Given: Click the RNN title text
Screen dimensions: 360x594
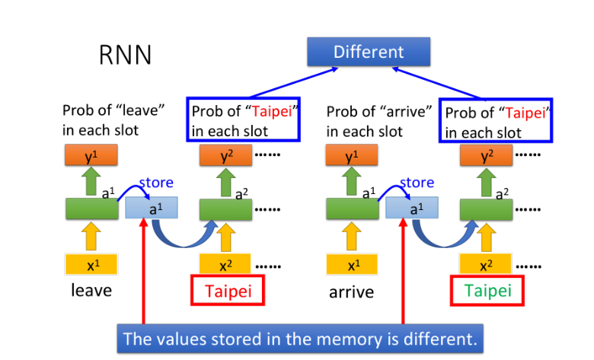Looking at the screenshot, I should click(x=125, y=55).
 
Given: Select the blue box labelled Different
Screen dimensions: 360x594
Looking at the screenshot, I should click(x=369, y=52).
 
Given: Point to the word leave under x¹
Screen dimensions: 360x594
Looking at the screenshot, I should click(x=91, y=291).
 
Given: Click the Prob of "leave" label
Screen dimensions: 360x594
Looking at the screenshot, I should click(x=113, y=119).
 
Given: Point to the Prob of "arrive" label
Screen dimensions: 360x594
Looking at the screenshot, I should click(x=379, y=119).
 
